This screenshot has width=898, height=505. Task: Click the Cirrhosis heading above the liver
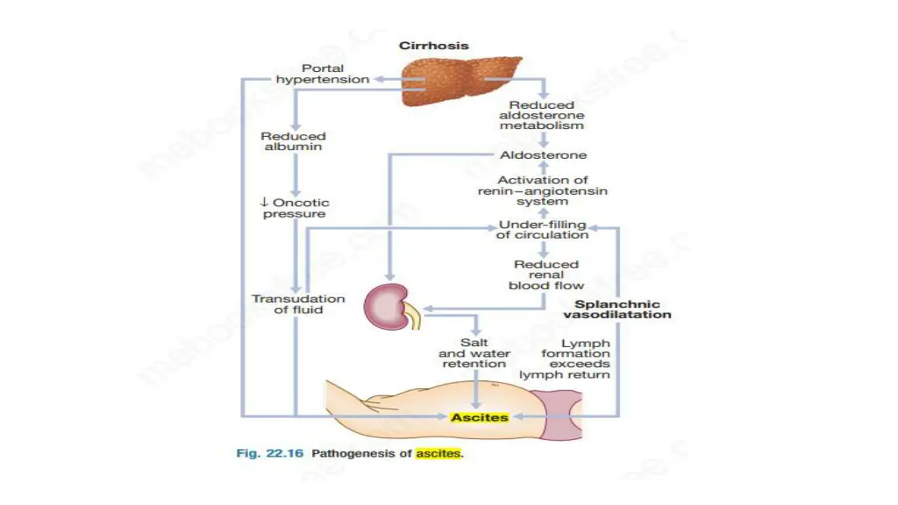point(433,46)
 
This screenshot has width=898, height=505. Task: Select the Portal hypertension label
point(322,74)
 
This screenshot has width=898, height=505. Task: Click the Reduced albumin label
point(293,141)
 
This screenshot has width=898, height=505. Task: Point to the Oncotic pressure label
point(299,208)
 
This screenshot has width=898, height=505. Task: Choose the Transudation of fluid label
point(287,303)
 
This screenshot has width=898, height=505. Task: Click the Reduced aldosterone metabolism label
point(541,115)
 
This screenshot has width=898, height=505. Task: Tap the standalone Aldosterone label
point(543,155)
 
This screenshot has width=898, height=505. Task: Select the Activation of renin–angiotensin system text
point(543,191)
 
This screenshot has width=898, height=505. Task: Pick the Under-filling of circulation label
point(542,230)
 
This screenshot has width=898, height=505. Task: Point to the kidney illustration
point(390,307)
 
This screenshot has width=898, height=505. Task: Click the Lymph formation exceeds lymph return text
point(575,359)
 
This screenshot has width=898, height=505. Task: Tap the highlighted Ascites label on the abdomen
point(479,418)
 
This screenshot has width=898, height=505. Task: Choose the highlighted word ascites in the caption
point(438,453)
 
